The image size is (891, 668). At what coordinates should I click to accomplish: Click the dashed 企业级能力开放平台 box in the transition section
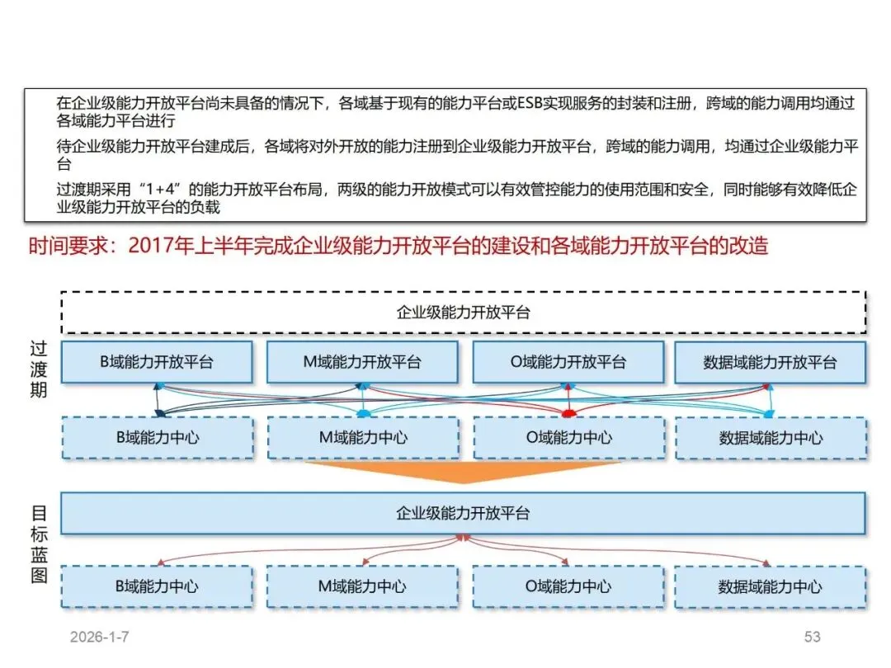[463, 313]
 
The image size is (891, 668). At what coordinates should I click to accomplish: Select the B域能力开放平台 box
[156, 362]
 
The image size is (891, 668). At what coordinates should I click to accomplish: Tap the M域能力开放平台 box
[361, 362]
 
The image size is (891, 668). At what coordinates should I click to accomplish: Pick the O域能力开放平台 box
[568, 362]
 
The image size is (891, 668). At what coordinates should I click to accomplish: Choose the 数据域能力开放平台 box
[770, 363]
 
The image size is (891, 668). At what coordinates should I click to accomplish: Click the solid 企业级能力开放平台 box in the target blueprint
[463, 513]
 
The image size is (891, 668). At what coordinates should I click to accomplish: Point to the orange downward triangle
[463, 472]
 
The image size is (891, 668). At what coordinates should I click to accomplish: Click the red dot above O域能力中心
[568, 412]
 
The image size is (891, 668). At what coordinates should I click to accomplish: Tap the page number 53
[813, 637]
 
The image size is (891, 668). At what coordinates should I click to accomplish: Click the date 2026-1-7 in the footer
[100, 637]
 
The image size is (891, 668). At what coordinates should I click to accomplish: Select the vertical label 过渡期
[38, 369]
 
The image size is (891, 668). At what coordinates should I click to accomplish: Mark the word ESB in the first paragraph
[532, 104]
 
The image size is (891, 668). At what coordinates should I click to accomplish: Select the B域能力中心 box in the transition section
[157, 437]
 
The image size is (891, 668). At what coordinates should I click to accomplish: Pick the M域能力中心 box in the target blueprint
[361, 586]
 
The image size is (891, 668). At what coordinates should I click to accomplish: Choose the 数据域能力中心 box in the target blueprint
[770, 587]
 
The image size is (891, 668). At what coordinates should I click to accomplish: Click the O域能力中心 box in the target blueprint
[568, 586]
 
